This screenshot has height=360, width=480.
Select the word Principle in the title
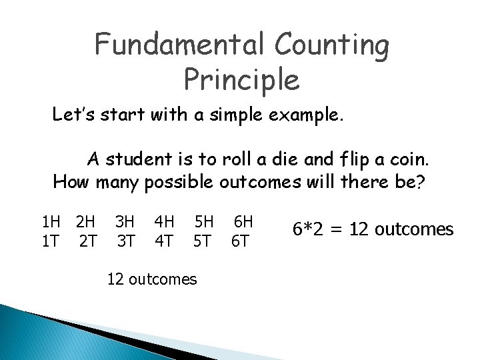coord(241,79)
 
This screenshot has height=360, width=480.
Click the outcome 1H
coord(51,220)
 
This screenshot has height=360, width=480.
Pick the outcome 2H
coord(85,220)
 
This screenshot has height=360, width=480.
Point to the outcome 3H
coord(124,220)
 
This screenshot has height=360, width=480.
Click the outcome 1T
coord(49,239)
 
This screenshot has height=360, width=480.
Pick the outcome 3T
coord(124,239)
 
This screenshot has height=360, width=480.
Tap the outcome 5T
coord(203,239)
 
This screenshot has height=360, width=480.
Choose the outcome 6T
coord(240,239)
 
